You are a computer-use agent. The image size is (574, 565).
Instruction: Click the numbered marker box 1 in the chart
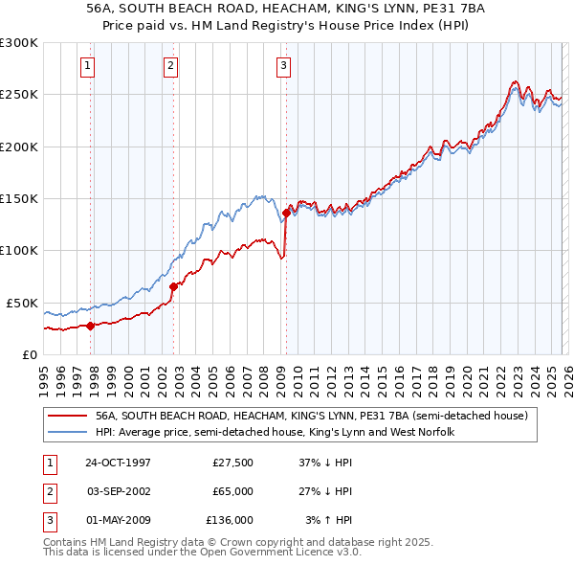tap(88, 66)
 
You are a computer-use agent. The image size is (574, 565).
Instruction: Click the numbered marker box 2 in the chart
tap(169, 66)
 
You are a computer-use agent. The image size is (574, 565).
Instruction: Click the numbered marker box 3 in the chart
tap(284, 66)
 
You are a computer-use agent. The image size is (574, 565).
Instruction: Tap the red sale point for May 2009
tap(286, 213)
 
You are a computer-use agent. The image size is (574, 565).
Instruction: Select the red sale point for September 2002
tap(173, 286)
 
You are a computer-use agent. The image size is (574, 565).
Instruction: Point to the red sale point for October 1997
tap(91, 326)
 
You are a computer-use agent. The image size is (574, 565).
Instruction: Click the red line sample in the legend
tap(68, 417)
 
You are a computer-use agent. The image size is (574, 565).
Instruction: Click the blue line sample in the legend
tap(68, 433)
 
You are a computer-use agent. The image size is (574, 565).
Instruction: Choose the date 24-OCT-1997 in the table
tap(118, 462)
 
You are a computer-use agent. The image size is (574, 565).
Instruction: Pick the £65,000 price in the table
tap(232, 491)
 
